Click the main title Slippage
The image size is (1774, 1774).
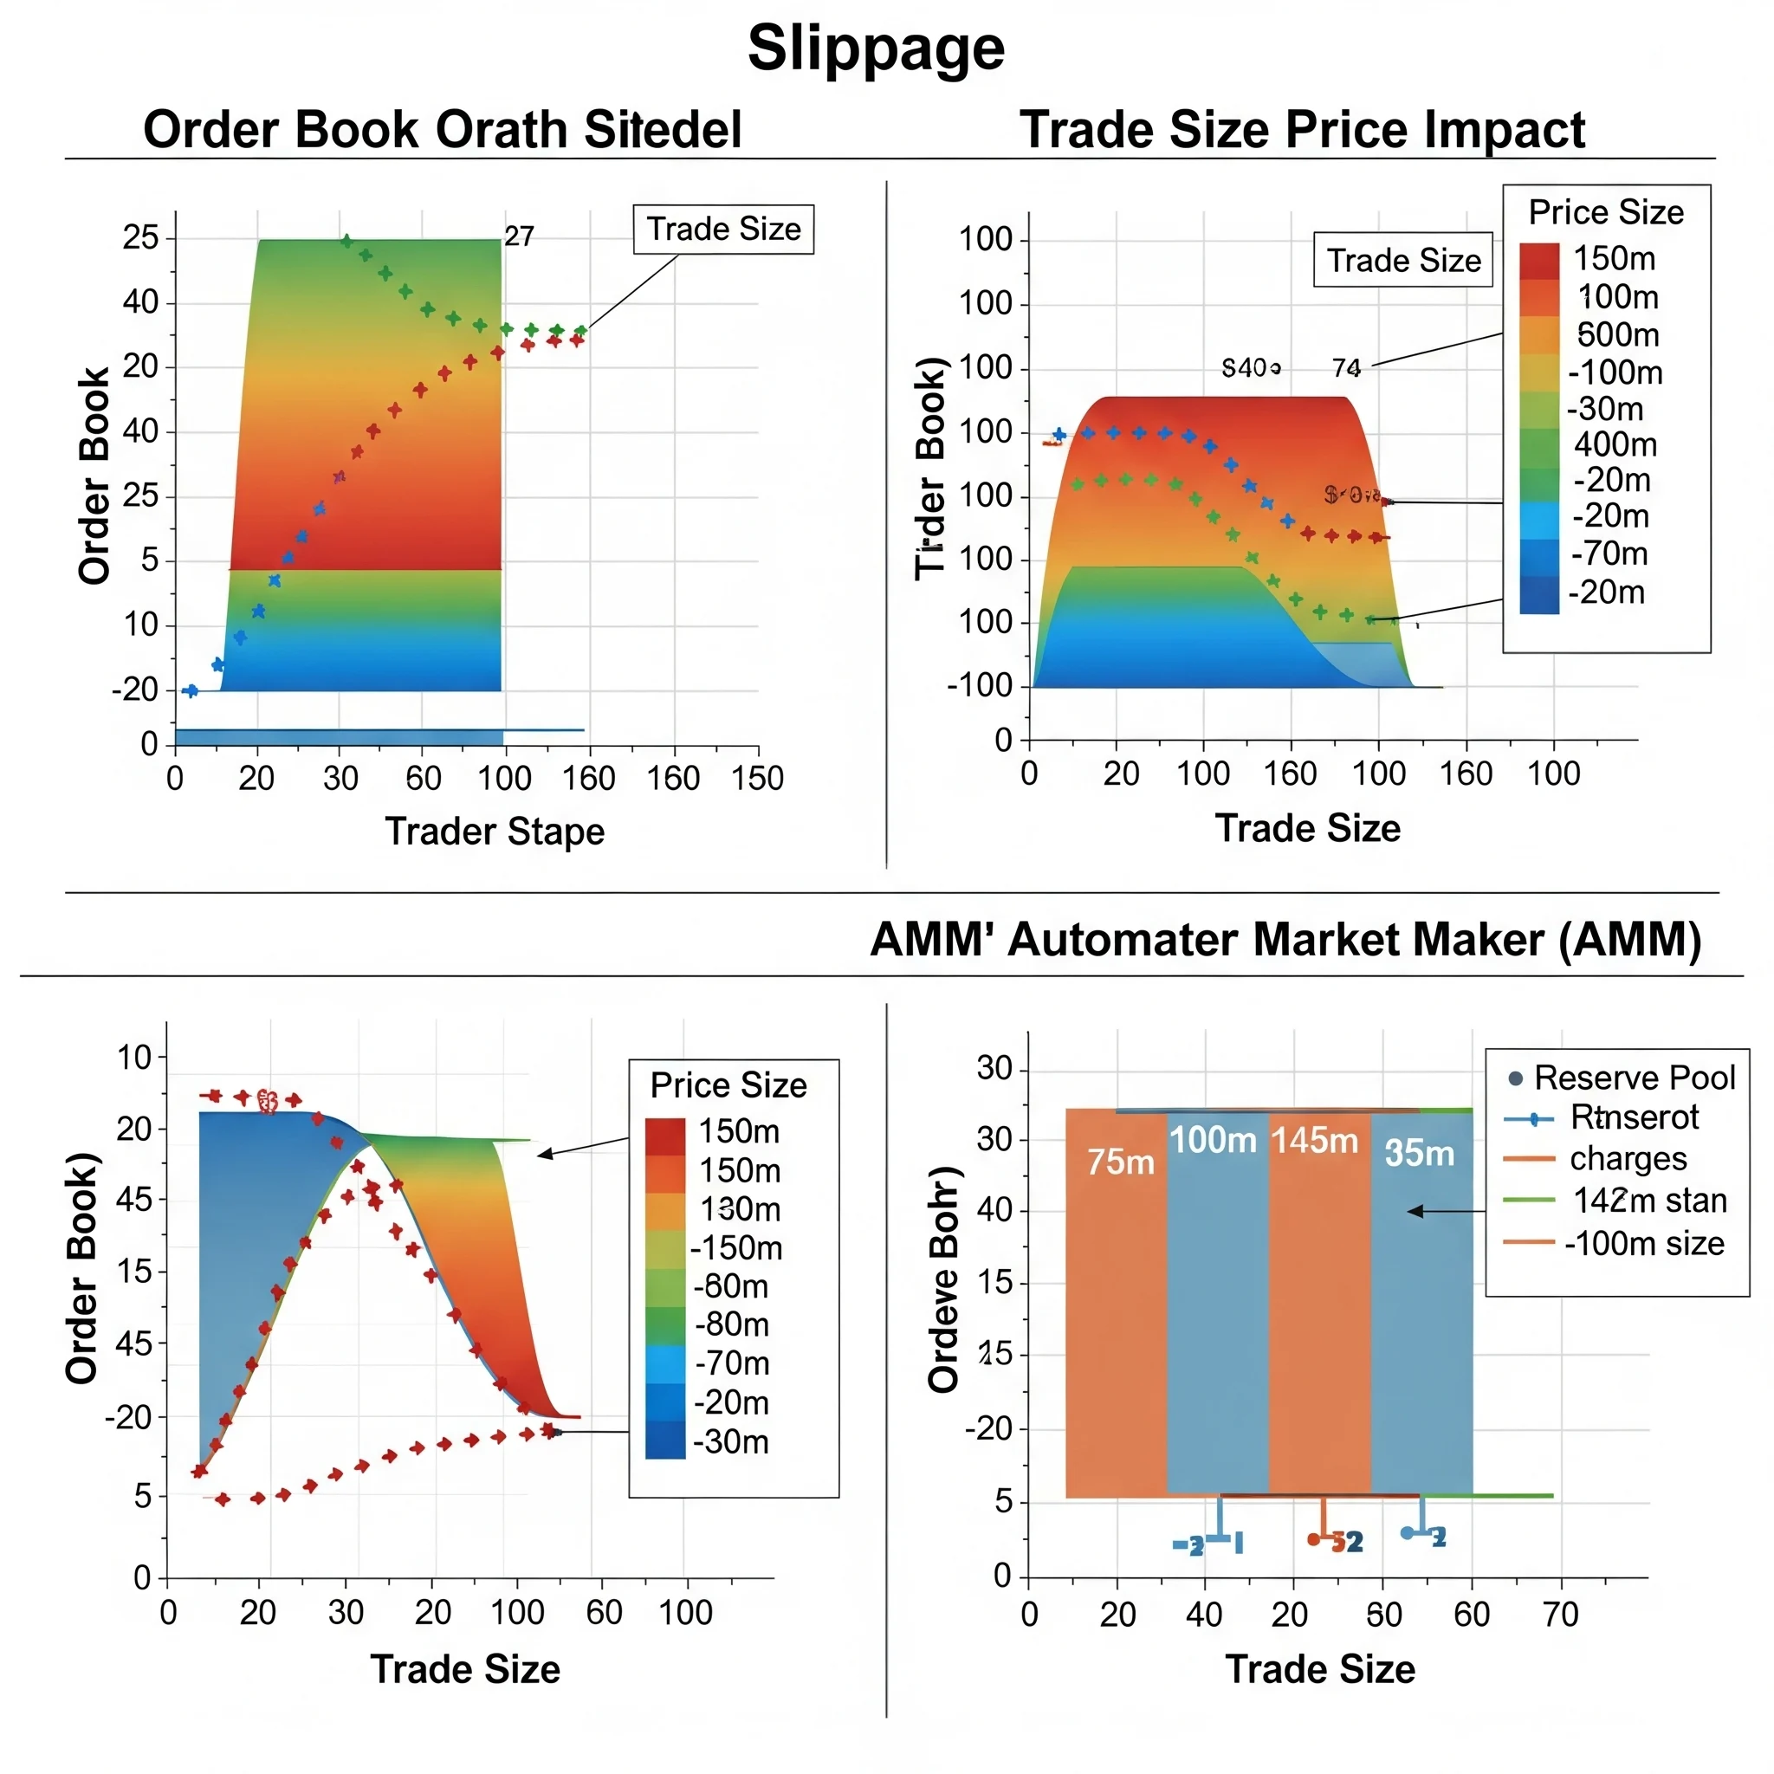[x=876, y=48]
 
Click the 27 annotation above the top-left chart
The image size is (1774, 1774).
[x=519, y=236]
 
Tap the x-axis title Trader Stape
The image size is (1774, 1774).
[x=494, y=831]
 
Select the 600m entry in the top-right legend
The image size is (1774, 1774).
[x=1618, y=334]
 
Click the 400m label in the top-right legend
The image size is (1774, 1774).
[x=1615, y=444]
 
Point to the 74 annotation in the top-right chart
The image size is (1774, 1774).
[x=1346, y=368]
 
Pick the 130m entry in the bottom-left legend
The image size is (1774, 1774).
[x=739, y=1209]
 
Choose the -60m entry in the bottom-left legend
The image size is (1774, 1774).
[x=731, y=1286]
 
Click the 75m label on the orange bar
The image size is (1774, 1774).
[x=1120, y=1162]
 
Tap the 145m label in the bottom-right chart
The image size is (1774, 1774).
[x=1314, y=1141]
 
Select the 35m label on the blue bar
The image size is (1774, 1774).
[x=1419, y=1153]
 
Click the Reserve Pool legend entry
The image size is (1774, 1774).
[x=1634, y=1078]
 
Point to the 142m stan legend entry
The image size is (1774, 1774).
[x=1649, y=1201]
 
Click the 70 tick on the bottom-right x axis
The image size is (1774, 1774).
[x=1560, y=1615]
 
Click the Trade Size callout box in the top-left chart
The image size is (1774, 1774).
[x=723, y=229]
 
